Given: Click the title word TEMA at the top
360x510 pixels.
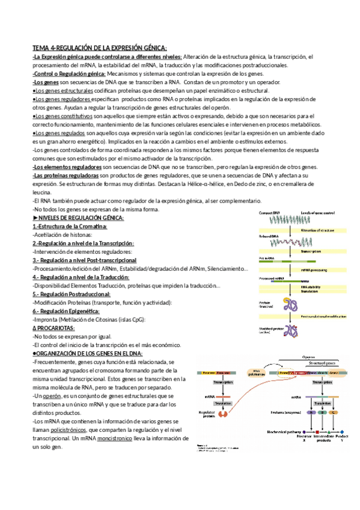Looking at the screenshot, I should tap(41, 48).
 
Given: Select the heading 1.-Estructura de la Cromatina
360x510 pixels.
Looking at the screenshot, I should tap(70, 226).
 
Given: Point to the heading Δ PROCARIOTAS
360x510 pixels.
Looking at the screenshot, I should tap(53, 328).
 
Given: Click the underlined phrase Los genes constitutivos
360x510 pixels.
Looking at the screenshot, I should tap(59, 115).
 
